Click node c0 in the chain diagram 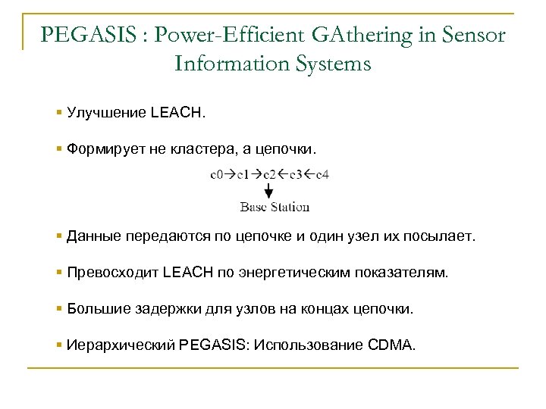(216, 175)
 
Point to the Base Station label (274, 206)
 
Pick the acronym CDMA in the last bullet (394, 345)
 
